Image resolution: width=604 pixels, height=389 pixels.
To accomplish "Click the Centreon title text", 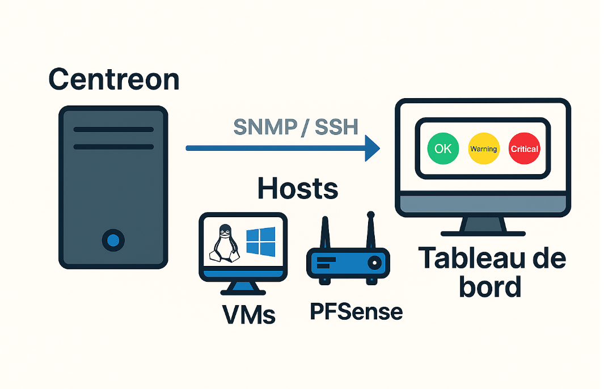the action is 114,79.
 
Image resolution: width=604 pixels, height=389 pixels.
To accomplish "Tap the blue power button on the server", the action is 113,240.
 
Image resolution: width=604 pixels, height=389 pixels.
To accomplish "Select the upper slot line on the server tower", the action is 113,129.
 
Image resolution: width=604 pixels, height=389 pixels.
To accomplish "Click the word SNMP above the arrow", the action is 265,126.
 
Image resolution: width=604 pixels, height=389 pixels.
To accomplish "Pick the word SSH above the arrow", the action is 337,126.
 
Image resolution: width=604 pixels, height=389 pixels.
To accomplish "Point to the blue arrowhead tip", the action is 380,148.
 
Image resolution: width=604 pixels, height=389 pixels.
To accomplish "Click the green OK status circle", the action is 443,149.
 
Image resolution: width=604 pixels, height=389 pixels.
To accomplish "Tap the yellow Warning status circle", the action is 484,149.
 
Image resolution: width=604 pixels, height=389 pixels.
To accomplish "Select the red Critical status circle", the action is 524,149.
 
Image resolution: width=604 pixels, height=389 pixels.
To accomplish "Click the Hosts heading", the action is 298,188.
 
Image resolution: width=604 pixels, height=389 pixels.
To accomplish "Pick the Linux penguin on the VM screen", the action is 224,244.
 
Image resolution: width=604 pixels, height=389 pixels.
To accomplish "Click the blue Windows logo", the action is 261,242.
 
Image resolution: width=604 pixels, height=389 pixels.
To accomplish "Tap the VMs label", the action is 249,315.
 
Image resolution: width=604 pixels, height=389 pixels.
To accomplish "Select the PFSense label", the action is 356,311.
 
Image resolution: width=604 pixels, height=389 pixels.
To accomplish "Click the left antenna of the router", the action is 325,234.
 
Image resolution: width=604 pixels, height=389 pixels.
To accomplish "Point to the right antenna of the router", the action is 370,231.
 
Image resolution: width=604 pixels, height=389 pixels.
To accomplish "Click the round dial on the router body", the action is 374,263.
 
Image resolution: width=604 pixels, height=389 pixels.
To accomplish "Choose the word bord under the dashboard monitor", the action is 491,286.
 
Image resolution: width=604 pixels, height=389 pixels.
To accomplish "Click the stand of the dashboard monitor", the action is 483,226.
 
